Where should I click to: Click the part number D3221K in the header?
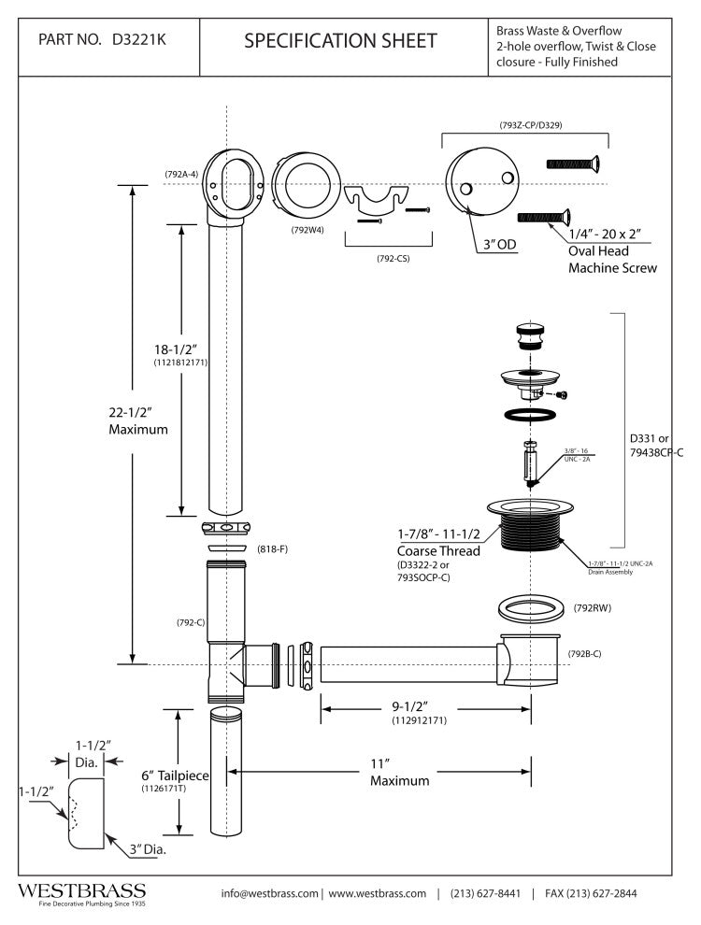pyautogui.click(x=140, y=40)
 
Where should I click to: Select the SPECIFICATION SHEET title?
pyautogui.click(x=339, y=40)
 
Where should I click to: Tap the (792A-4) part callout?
pyautogui.click(x=181, y=175)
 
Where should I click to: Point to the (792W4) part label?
pyautogui.click(x=307, y=228)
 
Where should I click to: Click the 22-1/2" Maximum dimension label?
pyautogui.click(x=136, y=421)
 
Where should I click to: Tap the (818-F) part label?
pyautogui.click(x=270, y=548)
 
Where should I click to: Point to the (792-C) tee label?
pyautogui.click(x=191, y=622)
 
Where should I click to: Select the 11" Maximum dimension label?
pyautogui.click(x=399, y=772)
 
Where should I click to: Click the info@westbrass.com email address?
pyautogui.click(x=270, y=893)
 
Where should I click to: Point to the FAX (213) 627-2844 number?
pyautogui.click(x=591, y=893)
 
